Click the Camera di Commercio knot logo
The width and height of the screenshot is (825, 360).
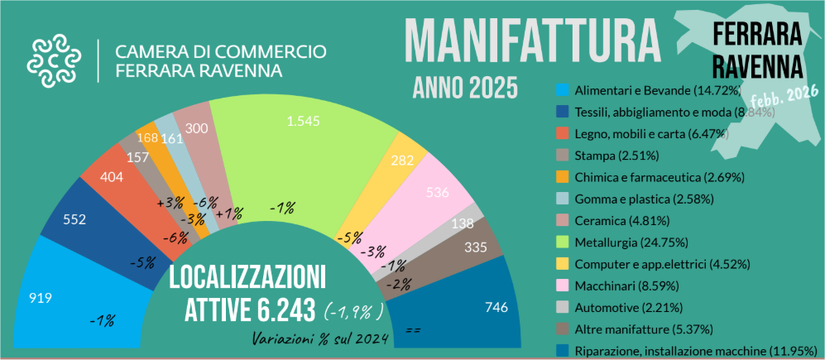[x=54, y=60]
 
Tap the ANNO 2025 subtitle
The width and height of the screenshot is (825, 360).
[x=465, y=87]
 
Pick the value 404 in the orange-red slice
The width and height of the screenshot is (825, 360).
[x=113, y=176]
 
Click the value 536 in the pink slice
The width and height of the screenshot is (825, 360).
[x=435, y=193]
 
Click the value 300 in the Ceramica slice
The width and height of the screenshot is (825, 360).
[x=197, y=128]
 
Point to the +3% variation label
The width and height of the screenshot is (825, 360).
[x=170, y=203]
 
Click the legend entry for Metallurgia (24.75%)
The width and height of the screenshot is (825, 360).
[x=629, y=242]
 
